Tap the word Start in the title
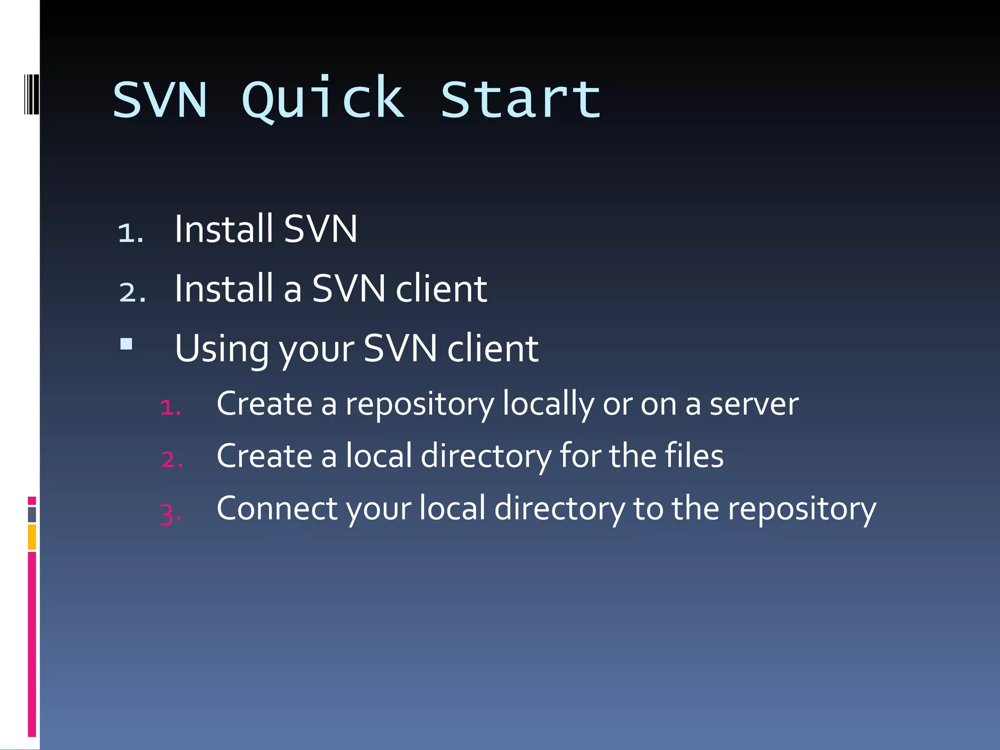521,100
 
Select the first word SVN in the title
160,100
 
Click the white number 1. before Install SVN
130,232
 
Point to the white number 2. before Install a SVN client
132,292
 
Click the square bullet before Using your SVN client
126,344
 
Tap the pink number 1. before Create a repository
170,407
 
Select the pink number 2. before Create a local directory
172,459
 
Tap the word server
754,404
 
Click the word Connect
277,508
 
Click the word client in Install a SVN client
441,289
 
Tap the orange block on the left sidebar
32,537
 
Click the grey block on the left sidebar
32,515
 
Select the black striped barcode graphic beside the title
31,94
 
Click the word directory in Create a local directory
486,456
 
